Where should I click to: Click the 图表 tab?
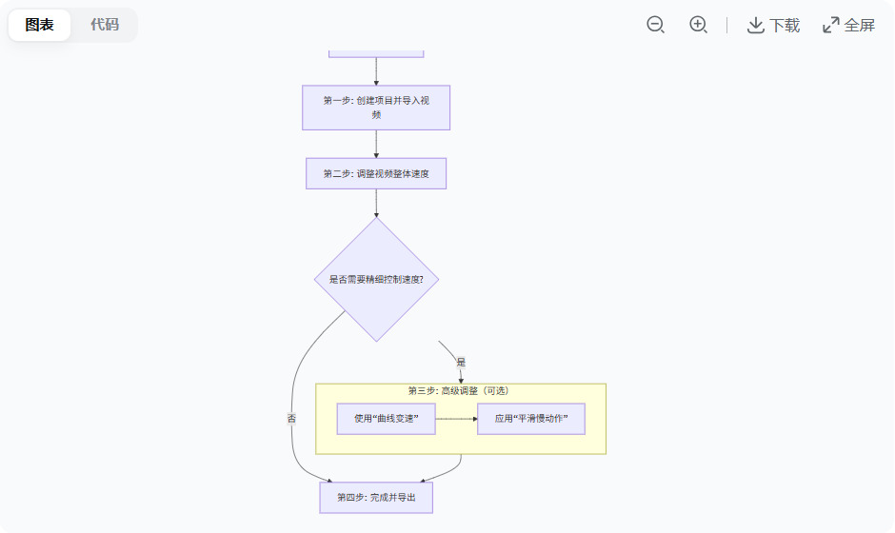point(40,25)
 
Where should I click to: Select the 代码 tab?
point(105,25)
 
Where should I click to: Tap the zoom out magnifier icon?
point(655,25)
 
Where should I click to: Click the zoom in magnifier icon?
point(698,25)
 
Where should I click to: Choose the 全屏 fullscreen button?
point(848,25)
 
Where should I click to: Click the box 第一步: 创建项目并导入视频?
point(376,108)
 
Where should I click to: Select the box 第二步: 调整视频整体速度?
point(376,173)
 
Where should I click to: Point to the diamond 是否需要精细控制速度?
point(376,279)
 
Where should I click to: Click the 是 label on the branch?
point(461,363)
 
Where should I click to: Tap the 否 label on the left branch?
point(291,418)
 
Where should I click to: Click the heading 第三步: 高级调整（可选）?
point(460,391)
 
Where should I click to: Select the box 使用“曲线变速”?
point(386,419)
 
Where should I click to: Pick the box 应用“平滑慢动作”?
point(531,419)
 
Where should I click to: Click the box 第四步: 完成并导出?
point(376,497)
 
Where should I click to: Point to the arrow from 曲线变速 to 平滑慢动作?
point(456,419)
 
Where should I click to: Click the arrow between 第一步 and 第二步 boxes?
point(376,144)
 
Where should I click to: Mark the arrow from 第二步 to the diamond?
point(376,203)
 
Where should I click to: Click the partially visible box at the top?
point(376,52)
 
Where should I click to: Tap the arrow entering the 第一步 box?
point(376,71)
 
